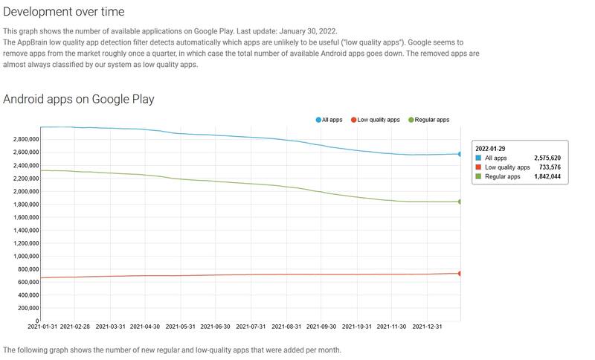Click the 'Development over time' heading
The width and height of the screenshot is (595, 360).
tap(64, 12)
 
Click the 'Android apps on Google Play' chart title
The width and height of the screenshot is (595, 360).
tap(79, 99)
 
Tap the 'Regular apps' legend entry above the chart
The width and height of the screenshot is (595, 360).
tap(428, 120)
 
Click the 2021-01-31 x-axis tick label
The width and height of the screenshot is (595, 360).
tap(42, 327)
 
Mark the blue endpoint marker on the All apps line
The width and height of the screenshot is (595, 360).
tap(460, 154)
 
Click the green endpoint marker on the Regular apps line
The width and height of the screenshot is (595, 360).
tap(460, 202)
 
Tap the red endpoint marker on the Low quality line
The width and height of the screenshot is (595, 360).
tap(460, 274)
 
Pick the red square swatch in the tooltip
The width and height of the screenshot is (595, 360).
tap(478, 168)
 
